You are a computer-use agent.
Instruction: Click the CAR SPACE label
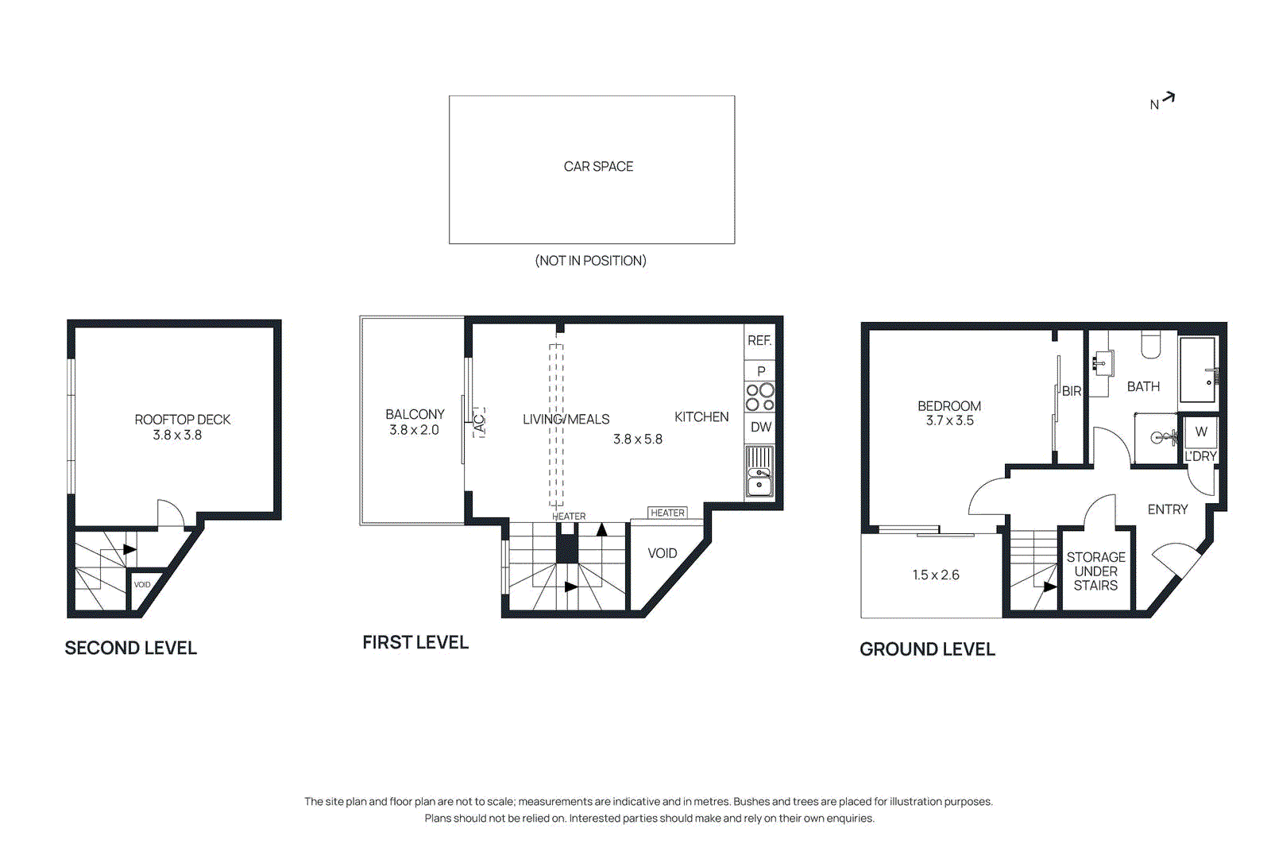(x=598, y=166)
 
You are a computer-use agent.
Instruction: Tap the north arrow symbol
(x=1167, y=99)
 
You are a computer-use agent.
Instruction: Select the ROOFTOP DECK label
(x=182, y=420)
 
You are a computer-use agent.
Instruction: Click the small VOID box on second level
(x=142, y=584)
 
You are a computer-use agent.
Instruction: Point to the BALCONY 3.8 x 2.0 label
(x=414, y=422)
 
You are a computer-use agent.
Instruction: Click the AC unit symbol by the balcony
(x=479, y=423)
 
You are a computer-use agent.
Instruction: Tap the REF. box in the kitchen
(x=759, y=340)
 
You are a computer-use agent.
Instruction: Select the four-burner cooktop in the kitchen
(x=759, y=397)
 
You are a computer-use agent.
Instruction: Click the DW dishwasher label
(x=760, y=427)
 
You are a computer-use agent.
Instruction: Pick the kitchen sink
(x=759, y=482)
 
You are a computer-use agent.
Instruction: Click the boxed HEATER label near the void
(x=667, y=513)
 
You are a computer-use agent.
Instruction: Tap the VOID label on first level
(x=662, y=553)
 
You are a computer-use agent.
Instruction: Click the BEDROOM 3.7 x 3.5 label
(x=949, y=413)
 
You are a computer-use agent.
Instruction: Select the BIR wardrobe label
(x=1071, y=391)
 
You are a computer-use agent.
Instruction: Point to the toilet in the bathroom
(x=1150, y=344)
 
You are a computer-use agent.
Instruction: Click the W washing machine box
(x=1200, y=432)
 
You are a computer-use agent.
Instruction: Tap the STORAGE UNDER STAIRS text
(x=1095, y=571)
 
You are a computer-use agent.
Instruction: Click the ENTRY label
(x=1167, y=509)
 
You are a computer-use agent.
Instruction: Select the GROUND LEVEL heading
(x=927, y=649)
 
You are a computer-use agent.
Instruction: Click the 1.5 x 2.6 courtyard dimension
(x=935, y=575)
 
